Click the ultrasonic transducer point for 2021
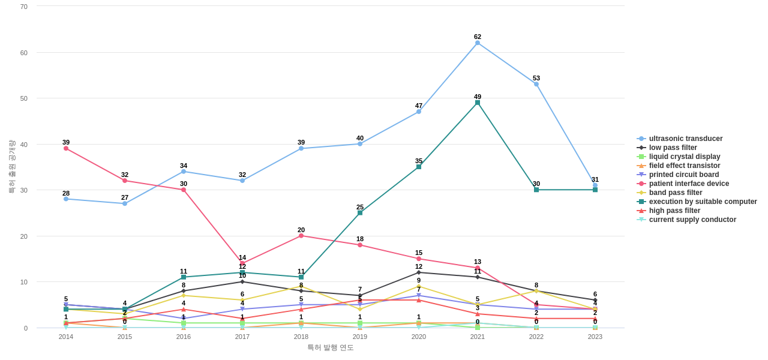[478, 43]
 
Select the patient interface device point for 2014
[66, 148]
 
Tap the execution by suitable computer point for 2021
[478, 103]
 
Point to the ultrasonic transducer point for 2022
[536, 84]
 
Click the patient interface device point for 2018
[301, 236]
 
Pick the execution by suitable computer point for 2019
[360, 213]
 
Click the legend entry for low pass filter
[673, 148]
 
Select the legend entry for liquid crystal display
[684, 157]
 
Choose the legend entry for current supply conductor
[692, 220]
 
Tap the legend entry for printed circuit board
[683, 175]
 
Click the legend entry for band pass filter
[675, 193]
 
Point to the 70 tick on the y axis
[24, 7]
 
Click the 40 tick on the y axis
[24, 145]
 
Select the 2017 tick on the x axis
[242, 337]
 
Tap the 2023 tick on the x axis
[595, 337]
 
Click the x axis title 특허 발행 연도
[331, 347]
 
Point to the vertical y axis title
[11, 167]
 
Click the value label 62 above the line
[478, 37]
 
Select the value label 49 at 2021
[478, 97]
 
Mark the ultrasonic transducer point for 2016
[184, 172]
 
